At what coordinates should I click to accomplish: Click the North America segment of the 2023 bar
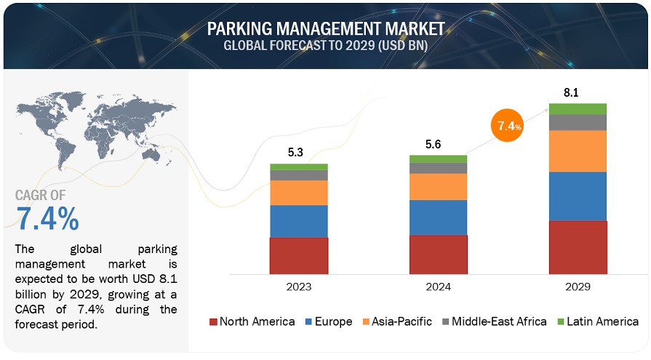tap(299, 255)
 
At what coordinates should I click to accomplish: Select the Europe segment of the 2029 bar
tap(578, 196)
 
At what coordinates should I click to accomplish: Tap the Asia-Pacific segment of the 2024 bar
tap(438, 187)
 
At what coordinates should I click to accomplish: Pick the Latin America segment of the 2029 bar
tap(578, 109)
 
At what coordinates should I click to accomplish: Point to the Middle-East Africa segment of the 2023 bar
tap(299, 175)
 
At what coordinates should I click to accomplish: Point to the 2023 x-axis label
tap(299, 287)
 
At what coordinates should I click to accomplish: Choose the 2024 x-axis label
tap(438, 287)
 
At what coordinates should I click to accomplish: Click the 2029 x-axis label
tap(578, 287)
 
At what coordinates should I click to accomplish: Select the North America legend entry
tap(252, 321)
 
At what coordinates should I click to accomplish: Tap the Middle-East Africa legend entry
tap(494, 321)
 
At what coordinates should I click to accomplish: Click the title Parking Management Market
tap(326, 29)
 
